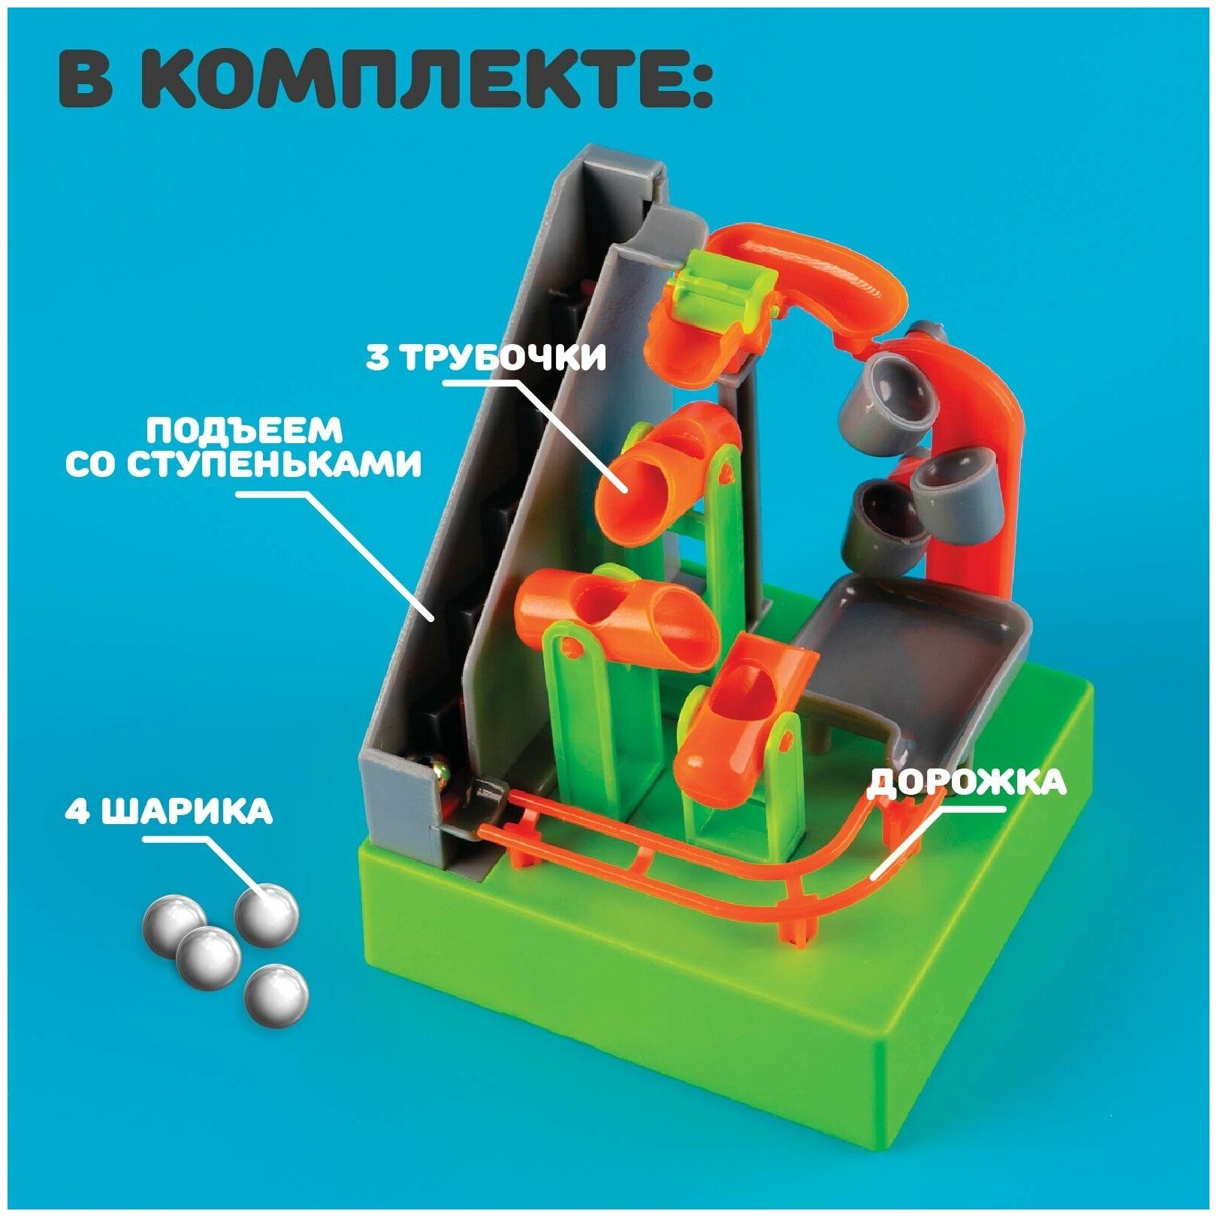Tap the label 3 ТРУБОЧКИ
(485, 358)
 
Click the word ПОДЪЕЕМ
(244, 431)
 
